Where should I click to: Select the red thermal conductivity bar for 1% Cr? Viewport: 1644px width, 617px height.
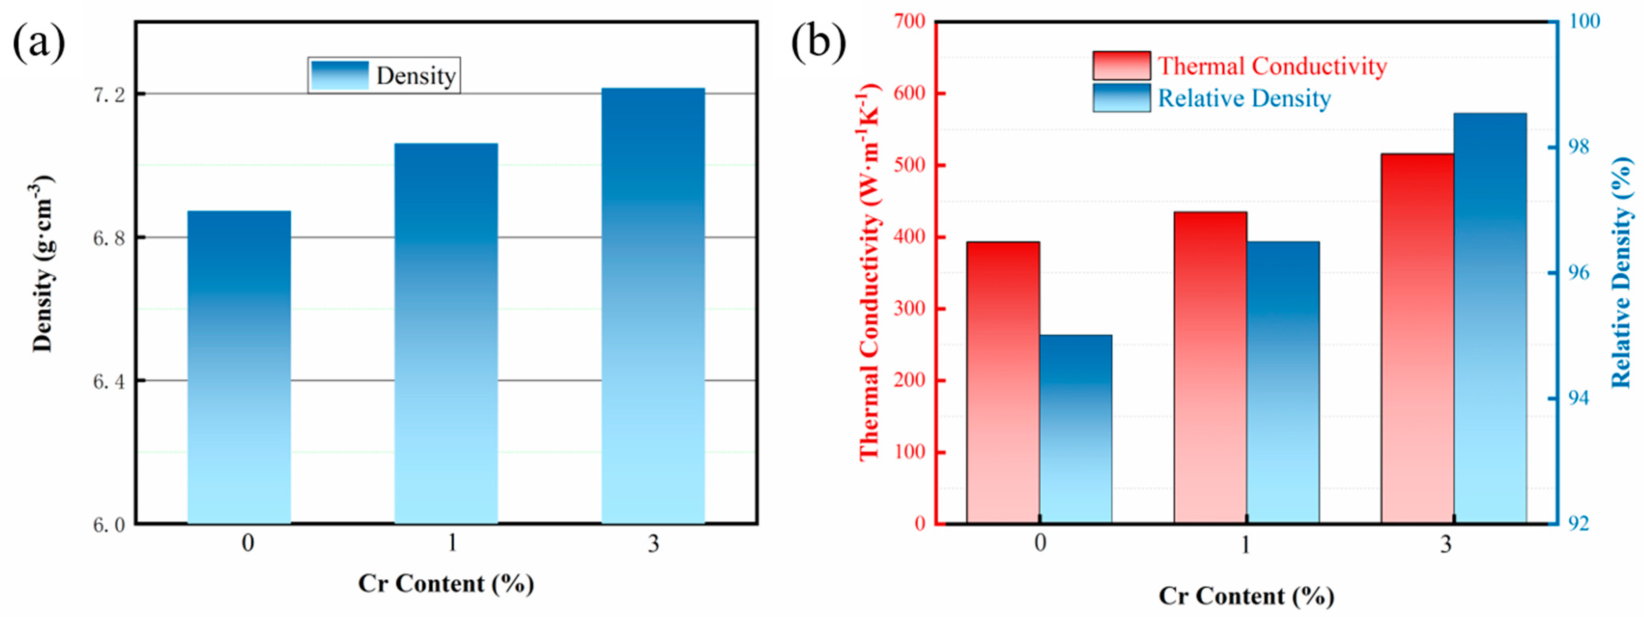tap(1210, 367)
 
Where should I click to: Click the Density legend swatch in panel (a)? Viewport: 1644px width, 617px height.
tap(340, 75)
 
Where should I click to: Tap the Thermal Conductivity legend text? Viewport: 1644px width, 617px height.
tap(1272, 66)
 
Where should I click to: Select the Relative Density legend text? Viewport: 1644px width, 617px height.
tap(1244, 98)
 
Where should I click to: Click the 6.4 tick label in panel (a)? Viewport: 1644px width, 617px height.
tap(110, 381)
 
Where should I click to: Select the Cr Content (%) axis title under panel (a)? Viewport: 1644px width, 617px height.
tap(446, 583)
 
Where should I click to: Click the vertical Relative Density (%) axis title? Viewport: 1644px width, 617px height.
tap(1621, 281)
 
